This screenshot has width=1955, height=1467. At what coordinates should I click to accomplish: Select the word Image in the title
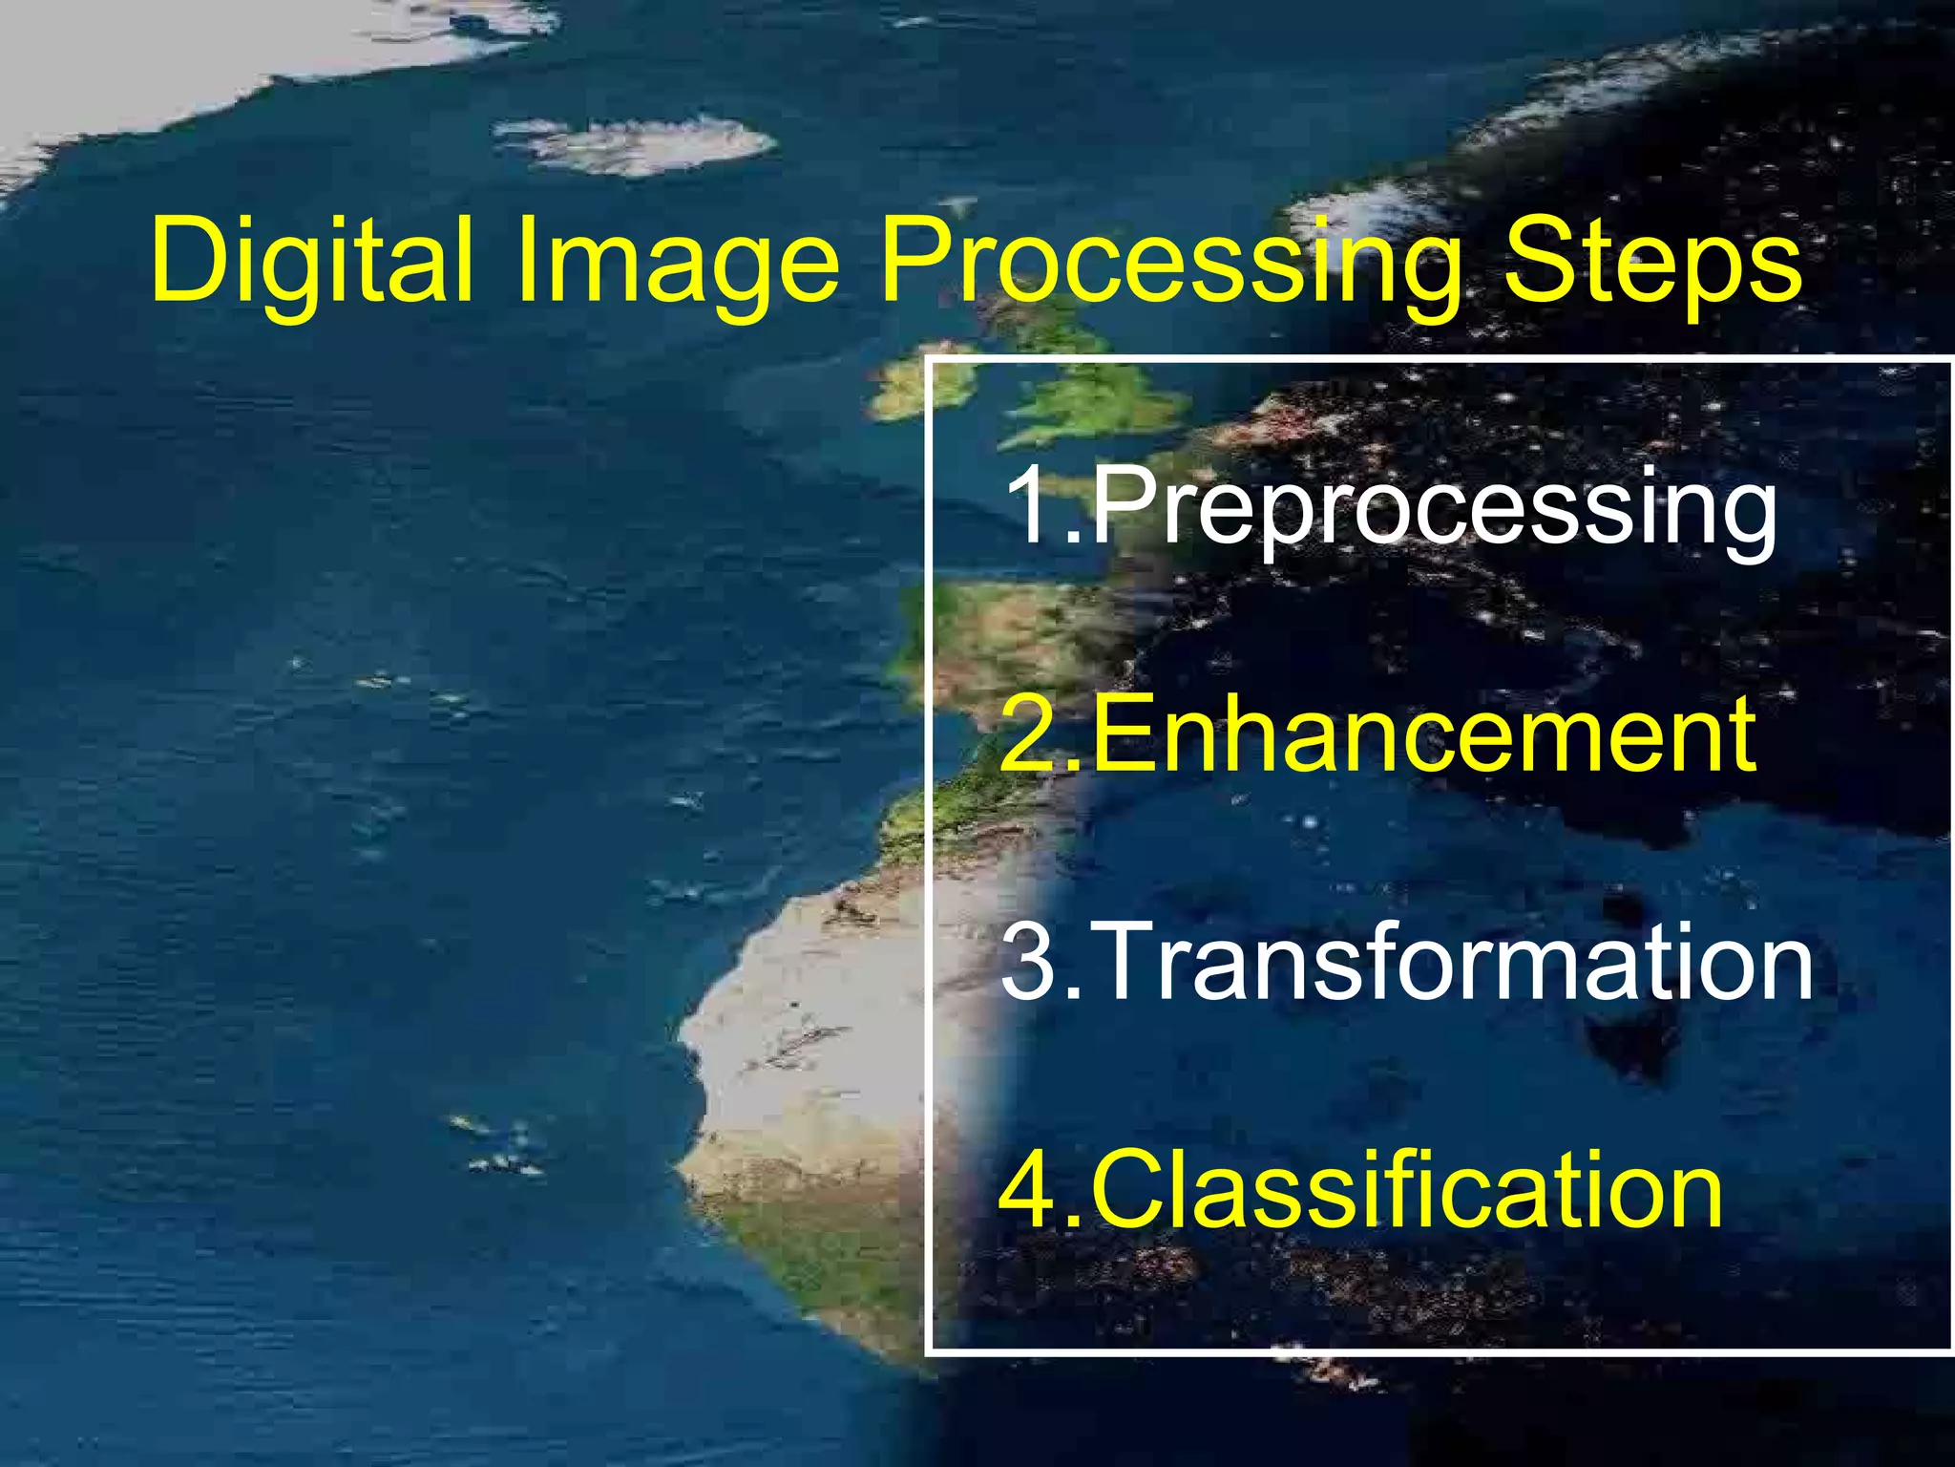point(678,260)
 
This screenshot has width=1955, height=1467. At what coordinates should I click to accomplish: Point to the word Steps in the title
point(1652,260)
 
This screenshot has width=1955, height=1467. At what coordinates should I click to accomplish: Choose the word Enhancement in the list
point(1422,733)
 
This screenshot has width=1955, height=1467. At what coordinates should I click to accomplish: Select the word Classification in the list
point(1407,1190)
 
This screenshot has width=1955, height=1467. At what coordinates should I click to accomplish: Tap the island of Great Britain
point(1098,392)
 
